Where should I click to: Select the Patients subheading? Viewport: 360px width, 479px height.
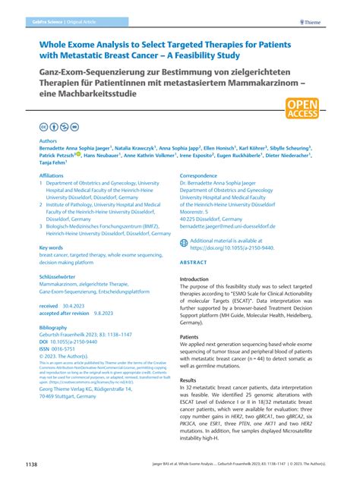point(189,336)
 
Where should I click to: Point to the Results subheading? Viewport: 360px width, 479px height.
point(188,380)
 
